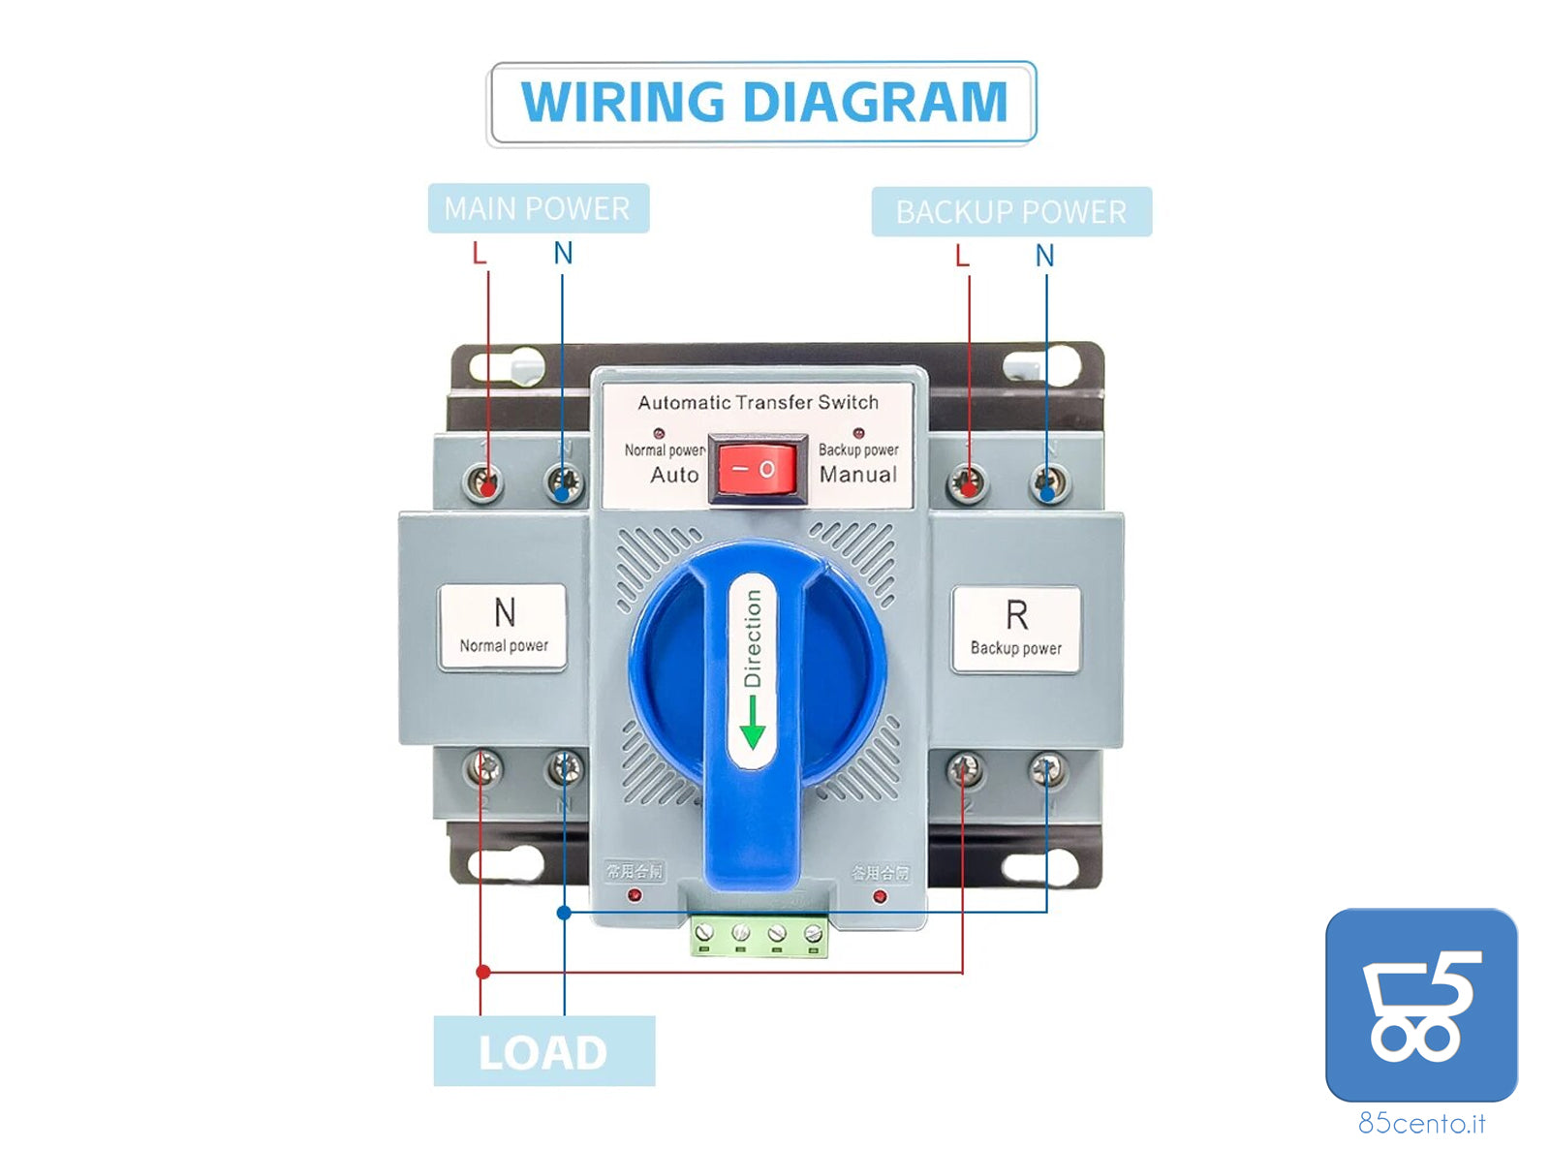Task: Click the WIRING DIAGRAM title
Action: (762, 103)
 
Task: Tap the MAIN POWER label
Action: (538, 208)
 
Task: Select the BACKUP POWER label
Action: (1010, 212)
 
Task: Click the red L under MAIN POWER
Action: (479, 254)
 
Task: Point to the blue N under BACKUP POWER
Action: (1044, 256)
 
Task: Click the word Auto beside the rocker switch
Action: (674, 475)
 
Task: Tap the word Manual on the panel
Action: (858, 475)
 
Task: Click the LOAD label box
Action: (543, 1051)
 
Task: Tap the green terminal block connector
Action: (759, 935)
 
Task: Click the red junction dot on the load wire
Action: (482, 972)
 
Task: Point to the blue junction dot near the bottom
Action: (564, 912)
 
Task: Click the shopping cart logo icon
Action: (1420, 1004)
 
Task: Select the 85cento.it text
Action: (1421, 1123)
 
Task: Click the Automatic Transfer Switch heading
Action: (758, 402)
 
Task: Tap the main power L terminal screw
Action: (483, 481)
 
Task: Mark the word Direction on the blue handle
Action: (753, 639)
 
